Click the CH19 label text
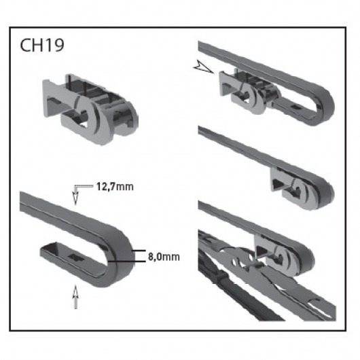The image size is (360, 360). pyautogui.click(x=42, y=45)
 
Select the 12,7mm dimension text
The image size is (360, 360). pyautogui.click(x=115, y=187)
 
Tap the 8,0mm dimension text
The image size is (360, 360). pyautogui.click(x=164, y=257)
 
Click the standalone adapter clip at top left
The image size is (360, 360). pyautogui.click(x=90, y=109)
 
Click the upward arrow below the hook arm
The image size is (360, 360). pyautogui.click(x=75, y=297)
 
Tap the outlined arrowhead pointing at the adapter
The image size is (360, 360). pyautogui.click(x=203, y=67)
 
